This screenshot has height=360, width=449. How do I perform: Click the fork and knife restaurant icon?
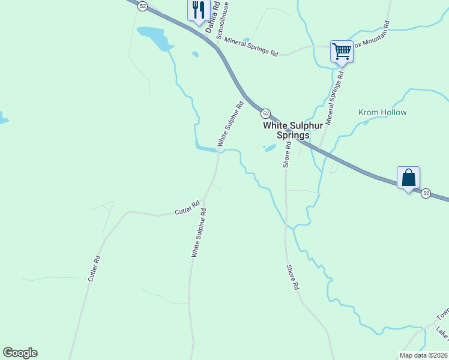197,11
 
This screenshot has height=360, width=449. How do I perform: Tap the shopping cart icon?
342,51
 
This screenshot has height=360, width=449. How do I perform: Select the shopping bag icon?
408,178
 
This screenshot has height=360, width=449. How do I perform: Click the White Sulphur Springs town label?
287,130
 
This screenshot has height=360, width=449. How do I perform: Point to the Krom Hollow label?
382,112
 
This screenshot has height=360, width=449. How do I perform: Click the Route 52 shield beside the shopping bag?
426,193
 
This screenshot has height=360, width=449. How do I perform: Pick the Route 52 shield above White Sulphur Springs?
265,113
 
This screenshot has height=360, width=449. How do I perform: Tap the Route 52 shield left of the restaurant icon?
142,5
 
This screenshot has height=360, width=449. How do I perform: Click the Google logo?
20,353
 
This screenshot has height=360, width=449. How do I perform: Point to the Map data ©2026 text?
424,355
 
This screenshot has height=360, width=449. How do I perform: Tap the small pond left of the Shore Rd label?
270,148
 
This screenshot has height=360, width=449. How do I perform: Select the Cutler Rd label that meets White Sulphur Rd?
187,208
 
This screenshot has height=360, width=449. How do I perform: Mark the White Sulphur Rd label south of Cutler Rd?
199,233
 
